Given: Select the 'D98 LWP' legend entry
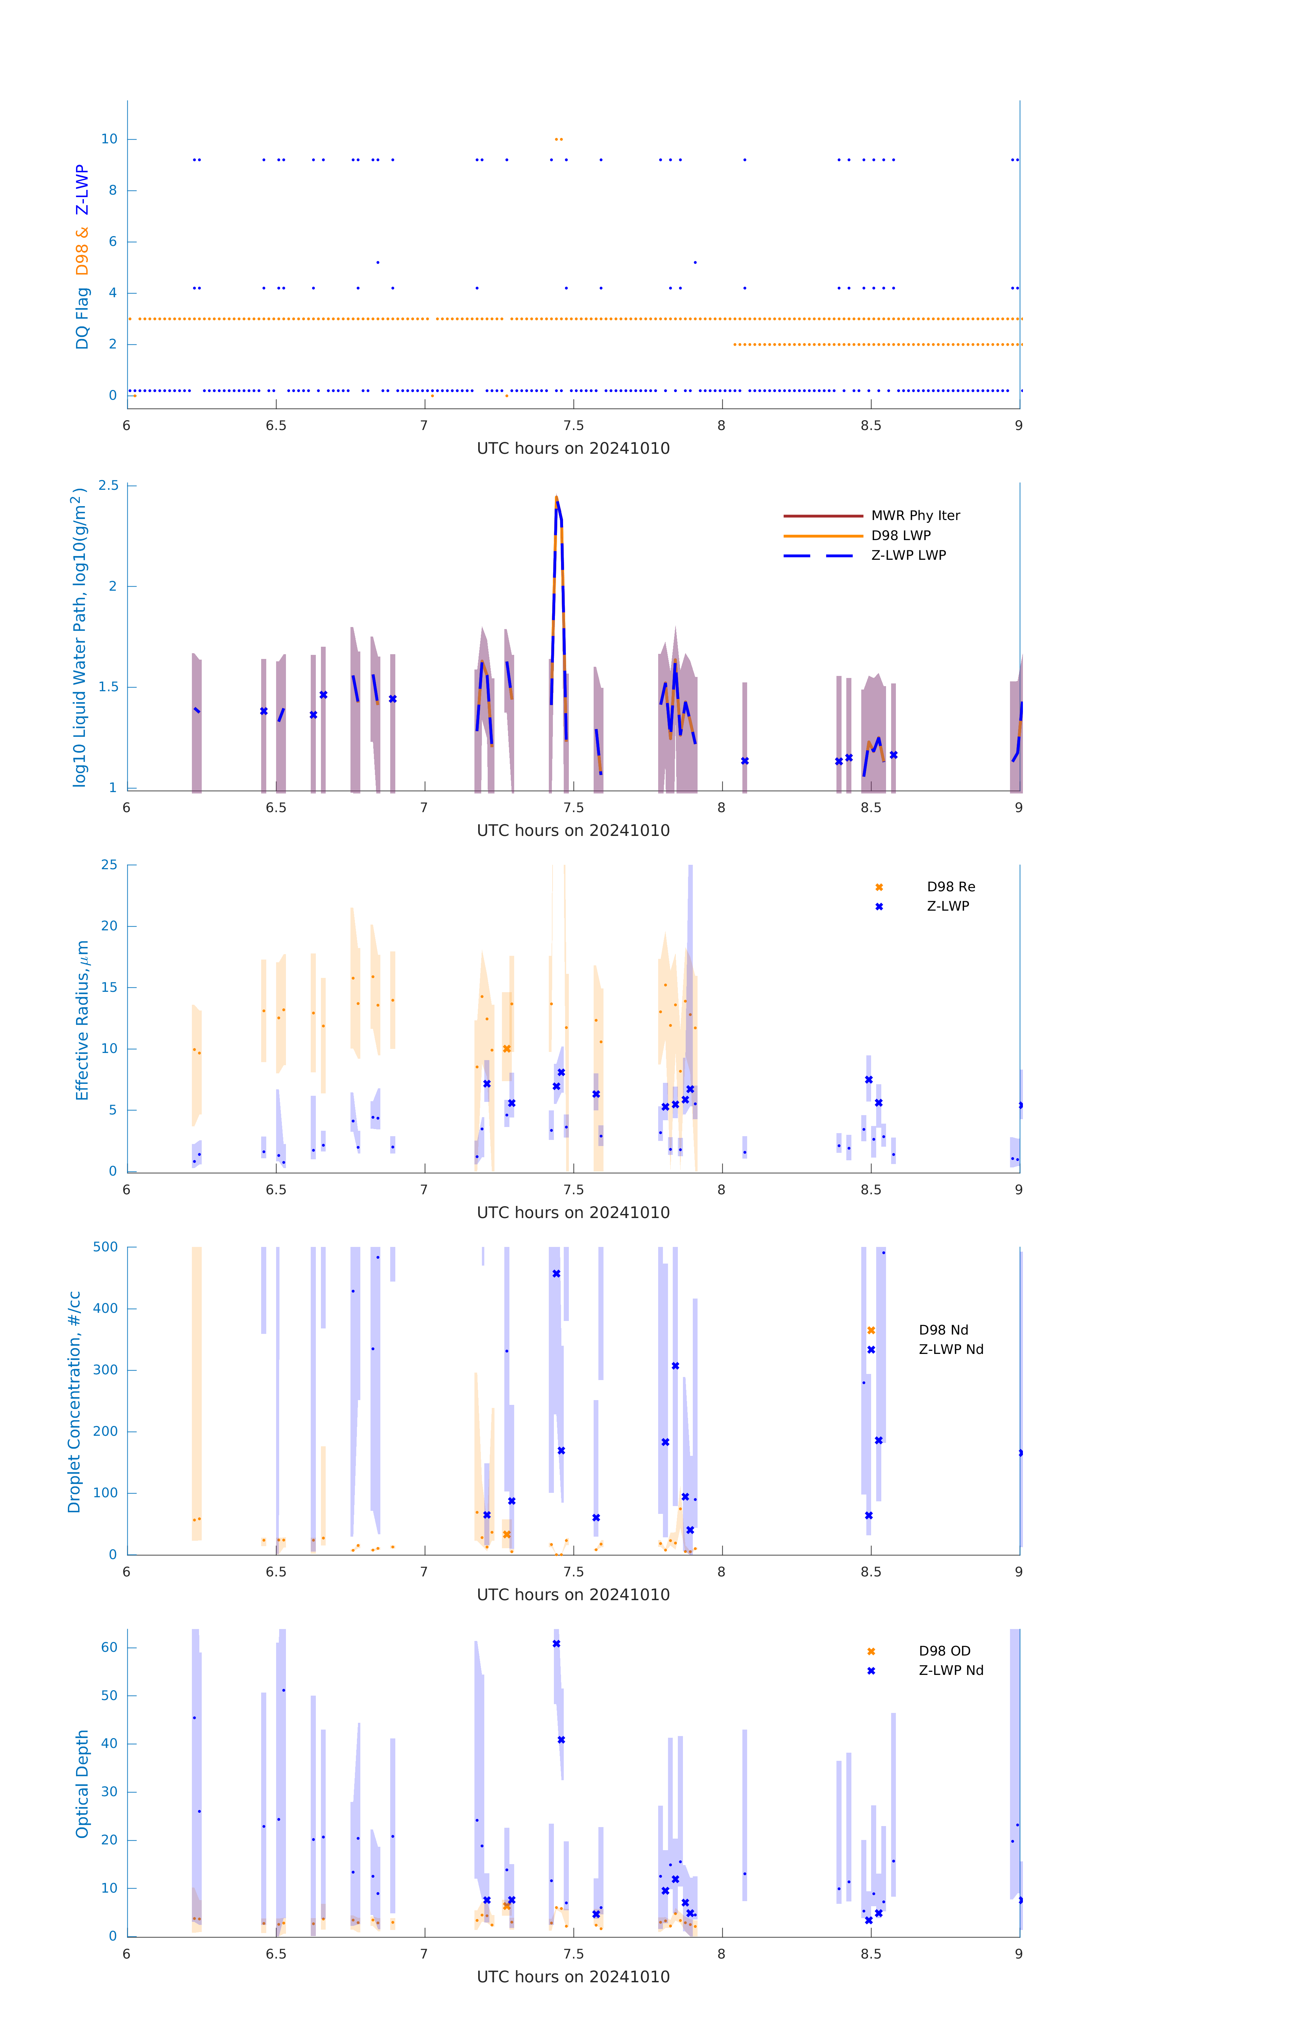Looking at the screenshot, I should click(x=900, y=536).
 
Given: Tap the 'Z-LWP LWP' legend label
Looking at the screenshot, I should click(x=908, y=555).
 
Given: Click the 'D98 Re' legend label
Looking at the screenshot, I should click(x=950, y=887).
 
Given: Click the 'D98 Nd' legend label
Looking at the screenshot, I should click(x=943, y=1330).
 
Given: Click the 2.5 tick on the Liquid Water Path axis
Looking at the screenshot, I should click(x=108, y=486).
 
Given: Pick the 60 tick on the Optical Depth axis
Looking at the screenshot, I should click(x=109, y=1648).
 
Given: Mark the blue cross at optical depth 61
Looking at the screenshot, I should click(x=556, y=1644).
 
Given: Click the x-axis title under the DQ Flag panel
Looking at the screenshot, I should click(x=573, y=449).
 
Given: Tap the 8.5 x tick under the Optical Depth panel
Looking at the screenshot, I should click(x=871, y=1954).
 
